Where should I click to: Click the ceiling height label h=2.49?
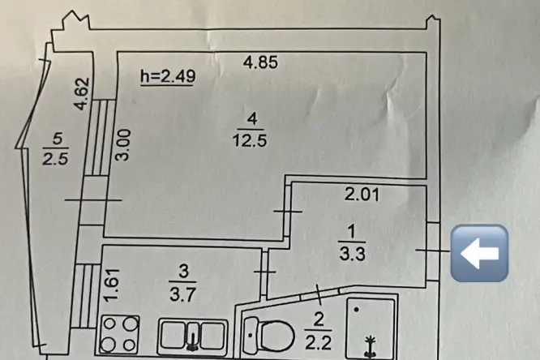pos(168,76)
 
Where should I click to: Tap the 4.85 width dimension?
pos(260,62)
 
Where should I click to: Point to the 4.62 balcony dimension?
pos(83,94)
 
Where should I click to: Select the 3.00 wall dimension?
pos(123,144)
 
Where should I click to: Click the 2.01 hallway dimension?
pos(362,195)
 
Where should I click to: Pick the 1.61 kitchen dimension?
pos(112,285)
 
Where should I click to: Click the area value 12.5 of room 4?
pos(250,140)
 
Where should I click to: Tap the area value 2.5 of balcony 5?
pos(55,159)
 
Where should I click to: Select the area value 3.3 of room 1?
pos(352,255)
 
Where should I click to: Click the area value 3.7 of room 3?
pos(182,294)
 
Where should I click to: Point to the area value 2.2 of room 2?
pos(318,342)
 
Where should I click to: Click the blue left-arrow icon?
pos(479,253)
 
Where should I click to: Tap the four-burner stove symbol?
pos(120,334)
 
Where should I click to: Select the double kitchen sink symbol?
pos(193,336)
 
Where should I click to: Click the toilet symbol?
pos(268,335)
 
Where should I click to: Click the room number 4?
pos(251,119)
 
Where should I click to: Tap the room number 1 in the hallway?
pos(352,232)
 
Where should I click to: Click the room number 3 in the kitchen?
pos(184,272)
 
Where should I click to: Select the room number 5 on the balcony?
pos(58,139)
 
